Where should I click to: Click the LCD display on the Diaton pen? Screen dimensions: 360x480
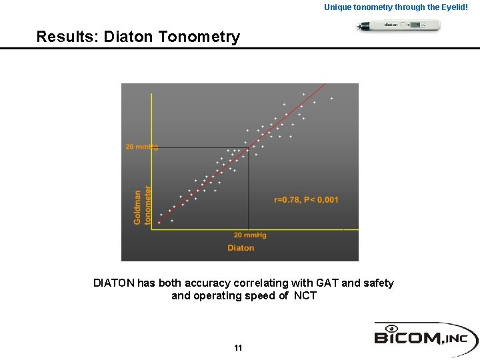click(416, 25)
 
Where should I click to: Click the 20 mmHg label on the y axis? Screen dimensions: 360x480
click(141, 147)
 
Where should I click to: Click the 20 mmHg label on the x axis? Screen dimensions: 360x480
click(250, 235)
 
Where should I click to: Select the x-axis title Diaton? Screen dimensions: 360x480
click(241, 248)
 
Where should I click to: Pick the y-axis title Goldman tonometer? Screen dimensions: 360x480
click(143, 207)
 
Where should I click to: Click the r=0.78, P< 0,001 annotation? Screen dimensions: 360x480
click(306, 199)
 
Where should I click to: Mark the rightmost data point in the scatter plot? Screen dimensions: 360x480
click(331, 99)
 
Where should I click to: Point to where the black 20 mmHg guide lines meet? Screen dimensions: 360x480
click(249, 148)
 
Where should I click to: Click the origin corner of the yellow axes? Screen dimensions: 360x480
click(152, 230)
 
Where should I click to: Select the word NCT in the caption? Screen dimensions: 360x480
click(305, 296)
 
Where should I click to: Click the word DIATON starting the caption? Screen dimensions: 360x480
click(113, 283)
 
